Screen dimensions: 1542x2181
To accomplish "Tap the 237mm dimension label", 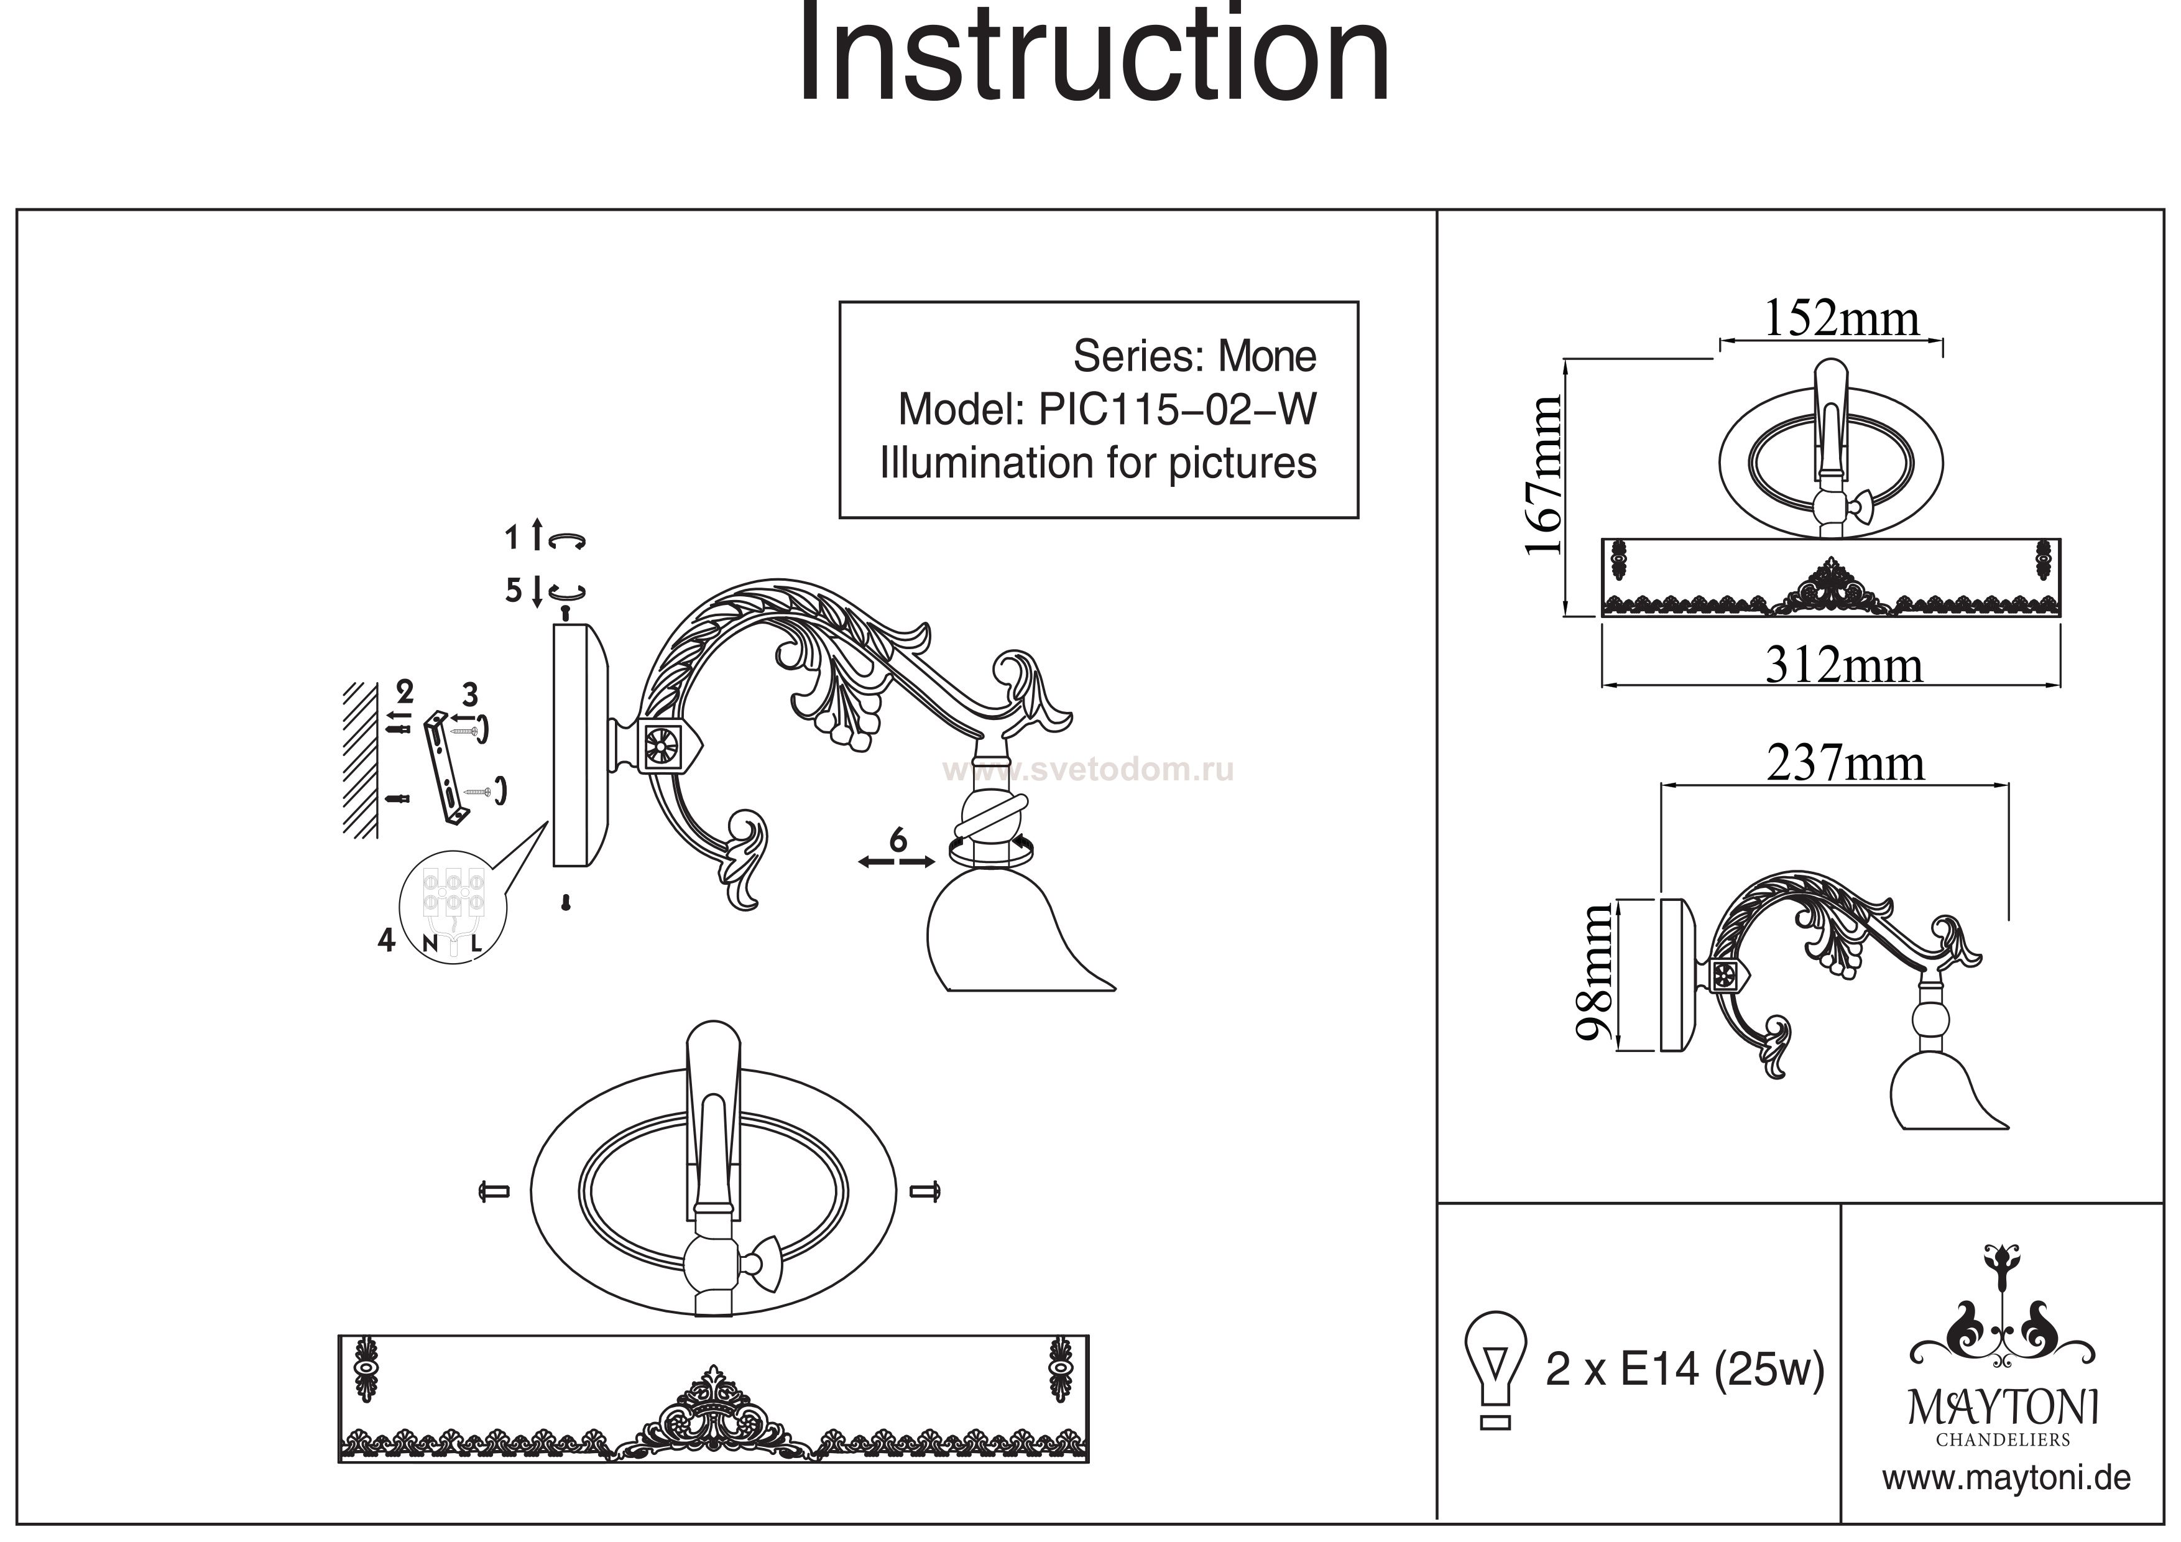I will click(1845, 764).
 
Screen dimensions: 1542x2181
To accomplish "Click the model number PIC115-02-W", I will click(1178, 410).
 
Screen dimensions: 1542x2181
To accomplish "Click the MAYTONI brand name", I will click(2003, 1408).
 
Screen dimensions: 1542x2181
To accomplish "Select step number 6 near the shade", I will click(898, 840).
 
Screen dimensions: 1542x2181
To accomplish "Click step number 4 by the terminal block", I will click(385, 941).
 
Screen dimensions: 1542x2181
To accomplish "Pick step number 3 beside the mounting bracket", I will click(469, 693).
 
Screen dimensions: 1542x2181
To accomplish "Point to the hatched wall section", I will click(361, 760).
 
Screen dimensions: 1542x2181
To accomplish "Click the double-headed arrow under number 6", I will click(897, 862).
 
